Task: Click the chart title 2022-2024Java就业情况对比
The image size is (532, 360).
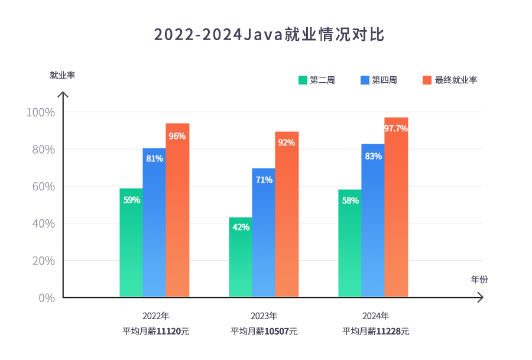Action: [x=269, y=34]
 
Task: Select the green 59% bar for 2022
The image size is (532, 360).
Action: [x=131, y=242]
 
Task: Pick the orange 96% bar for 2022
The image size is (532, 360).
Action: [x=177, y=210]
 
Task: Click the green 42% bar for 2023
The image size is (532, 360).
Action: [x=241, y=257]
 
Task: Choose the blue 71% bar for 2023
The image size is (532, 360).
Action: [x=264, y=232]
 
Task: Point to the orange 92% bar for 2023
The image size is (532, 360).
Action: [x=287, y=214]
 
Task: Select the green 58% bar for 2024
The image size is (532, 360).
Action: [x=350, y=243]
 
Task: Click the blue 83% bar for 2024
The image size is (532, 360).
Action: [x=373, y=220]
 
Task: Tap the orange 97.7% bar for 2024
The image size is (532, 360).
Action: [x=396, y=207]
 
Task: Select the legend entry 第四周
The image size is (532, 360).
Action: [x=378, y=80]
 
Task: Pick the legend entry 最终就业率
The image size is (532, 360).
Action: [x=450, y=80]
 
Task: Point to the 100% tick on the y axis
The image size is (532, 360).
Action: [x=41, y=112]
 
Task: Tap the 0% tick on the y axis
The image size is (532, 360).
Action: [x=47, y=298]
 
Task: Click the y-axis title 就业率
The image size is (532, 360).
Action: [x=62, y=75]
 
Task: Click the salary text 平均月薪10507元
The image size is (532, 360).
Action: [x=264, y=332]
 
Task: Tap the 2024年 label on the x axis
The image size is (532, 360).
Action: [x=375, y=315]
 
